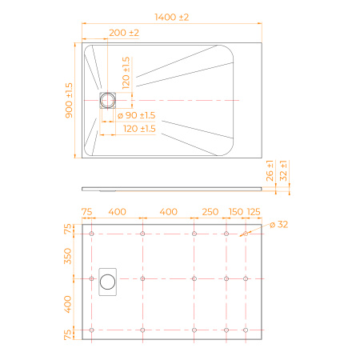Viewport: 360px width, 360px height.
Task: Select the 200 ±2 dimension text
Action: point(124,33)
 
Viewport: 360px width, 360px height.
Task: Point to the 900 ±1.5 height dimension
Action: point(69,100)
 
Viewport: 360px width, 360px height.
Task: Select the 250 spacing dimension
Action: point(210,211)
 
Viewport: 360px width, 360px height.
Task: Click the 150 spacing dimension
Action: point(236,211)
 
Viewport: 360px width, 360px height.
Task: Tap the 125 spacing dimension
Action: point(254,211)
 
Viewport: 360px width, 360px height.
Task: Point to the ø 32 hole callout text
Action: point(278,225)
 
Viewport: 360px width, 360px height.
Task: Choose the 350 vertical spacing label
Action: point(69,256)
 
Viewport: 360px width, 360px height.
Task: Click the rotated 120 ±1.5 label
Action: point(126,73)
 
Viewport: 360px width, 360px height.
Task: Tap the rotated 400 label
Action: point(69,304)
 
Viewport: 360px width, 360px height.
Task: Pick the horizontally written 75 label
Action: point(86,211)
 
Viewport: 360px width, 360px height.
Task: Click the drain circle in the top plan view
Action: point(107,99)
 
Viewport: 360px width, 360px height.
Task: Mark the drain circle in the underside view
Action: point(107,281)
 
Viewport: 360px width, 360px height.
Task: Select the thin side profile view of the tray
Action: point(172,190)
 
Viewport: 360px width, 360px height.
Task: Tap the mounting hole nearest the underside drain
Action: point(142,278)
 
